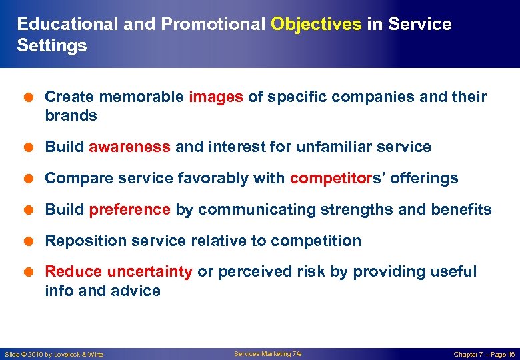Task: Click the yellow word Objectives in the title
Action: tap(316, 25)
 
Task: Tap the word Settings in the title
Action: tap(52, 46)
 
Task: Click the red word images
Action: tap(216, 97)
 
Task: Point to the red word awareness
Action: tap(129, 147)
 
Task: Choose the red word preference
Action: tap(129, 209)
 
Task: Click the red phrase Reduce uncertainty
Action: tap(119, 271)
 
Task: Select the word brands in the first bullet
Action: tap(71, 115)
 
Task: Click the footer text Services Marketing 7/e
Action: tap(267, 354)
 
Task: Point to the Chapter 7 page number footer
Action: tap(484, 354)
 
